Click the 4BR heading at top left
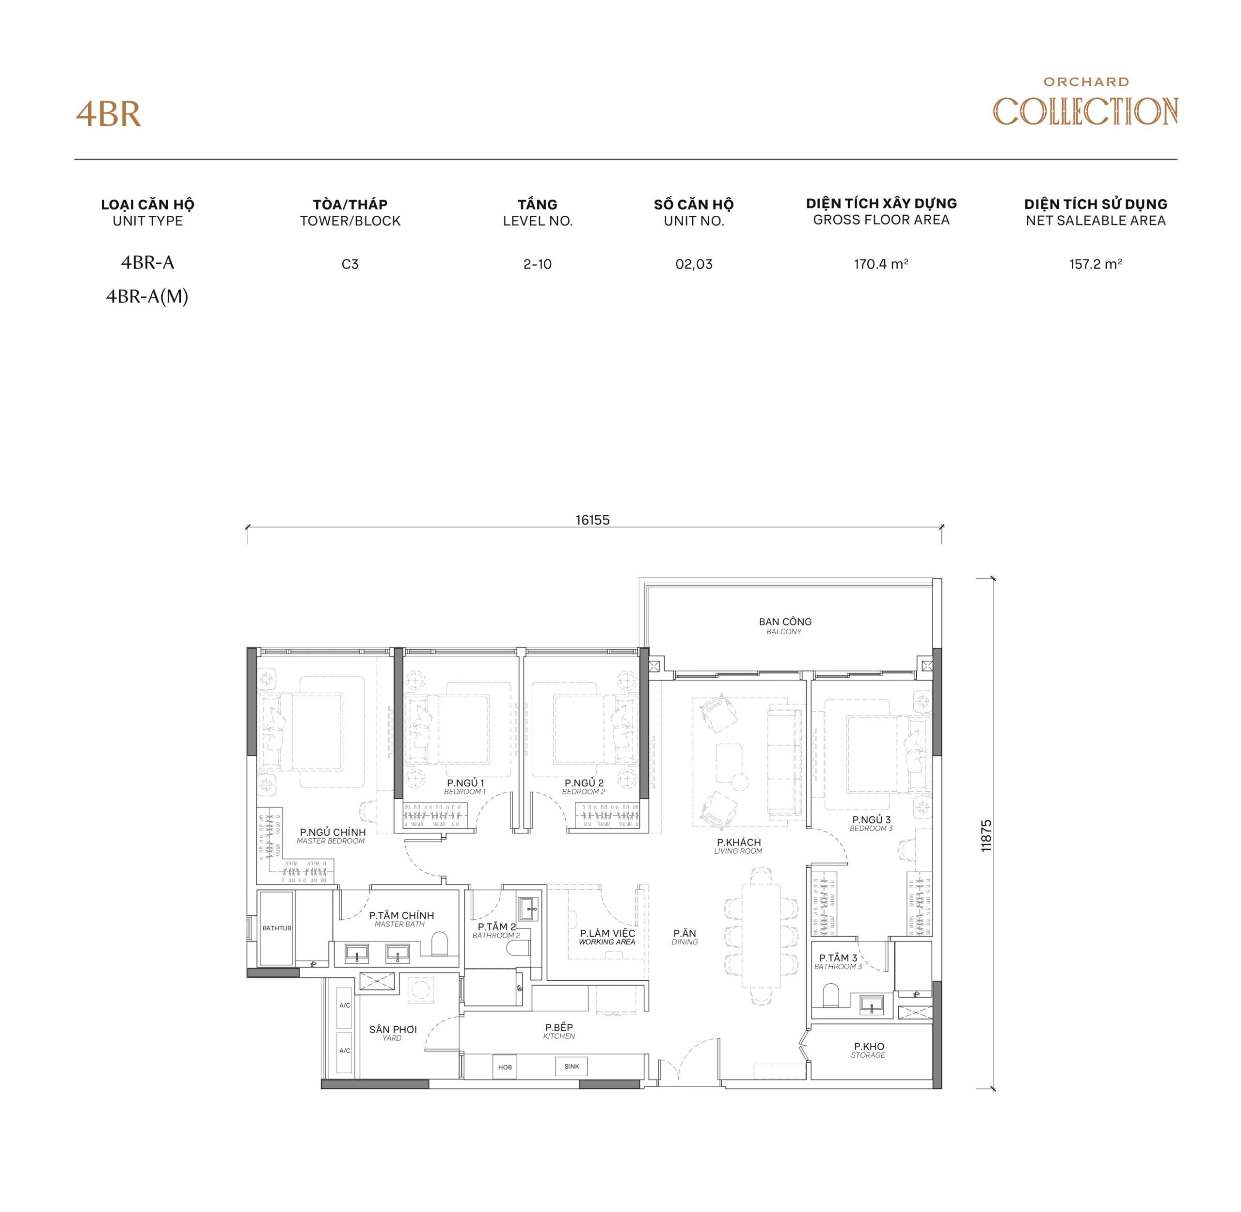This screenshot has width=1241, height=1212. pyautogui.click(x=108, y=114)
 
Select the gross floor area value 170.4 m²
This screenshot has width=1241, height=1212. pyautogui.click(x=881, y=264)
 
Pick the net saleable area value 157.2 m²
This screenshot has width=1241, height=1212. pyautogui.click(x=1095, y=264)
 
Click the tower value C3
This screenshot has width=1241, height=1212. pyautogui.click(x=350, y=264)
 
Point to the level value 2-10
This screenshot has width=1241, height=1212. pyautogui.click(x=537, y=264)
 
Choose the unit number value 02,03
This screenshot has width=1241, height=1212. pyautogui.click(x=694, y=264)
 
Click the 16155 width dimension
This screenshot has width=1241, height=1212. pyautogui.click(x=592, y=520)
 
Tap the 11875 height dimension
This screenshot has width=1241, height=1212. pyautogui.click(x=986, y=835)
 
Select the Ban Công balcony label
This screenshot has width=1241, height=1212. pyautogui.click(x=785, y=625)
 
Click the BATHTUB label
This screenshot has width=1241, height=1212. pyautogui.click(x=277, y=928)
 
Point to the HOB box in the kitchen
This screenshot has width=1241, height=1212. pyautogui.click(x=505, y=1067)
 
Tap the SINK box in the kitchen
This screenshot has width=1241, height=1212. pyautogui.click(x=572, y=1066)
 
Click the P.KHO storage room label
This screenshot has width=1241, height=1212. pyautogui.click(x=869, y=1050)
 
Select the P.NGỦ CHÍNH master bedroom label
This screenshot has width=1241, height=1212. pyautogui.click(x=332, y=835)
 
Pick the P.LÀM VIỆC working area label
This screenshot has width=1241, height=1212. pyautogui.click(x=607, y=936)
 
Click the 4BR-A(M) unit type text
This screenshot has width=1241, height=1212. pyautogui.click(x=147, y=297)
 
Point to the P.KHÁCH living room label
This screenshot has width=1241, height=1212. pyautogui.click(x=738, y=845)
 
